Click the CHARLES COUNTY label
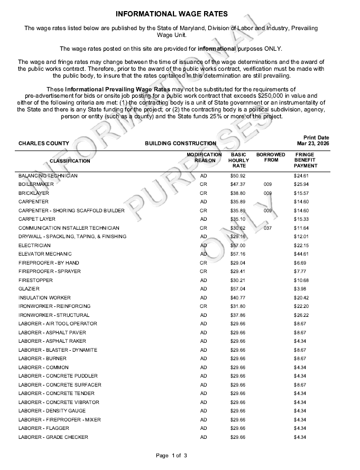[43, 143]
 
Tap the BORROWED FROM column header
[271, 157]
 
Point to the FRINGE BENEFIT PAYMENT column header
[305, 160]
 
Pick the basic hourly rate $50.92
[238, 175]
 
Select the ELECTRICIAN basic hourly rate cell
[238, 246]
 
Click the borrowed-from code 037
[267, 228]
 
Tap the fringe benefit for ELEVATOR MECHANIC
[301, 254]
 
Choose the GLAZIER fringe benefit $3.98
[300, 289]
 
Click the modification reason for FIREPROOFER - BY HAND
[204, 263]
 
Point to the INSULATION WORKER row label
[44, 298]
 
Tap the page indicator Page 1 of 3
[171, 455]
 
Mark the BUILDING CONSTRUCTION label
[180, 143]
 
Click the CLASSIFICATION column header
[70, 161]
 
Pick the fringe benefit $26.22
[301, 315]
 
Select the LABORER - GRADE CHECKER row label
[53, 437]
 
